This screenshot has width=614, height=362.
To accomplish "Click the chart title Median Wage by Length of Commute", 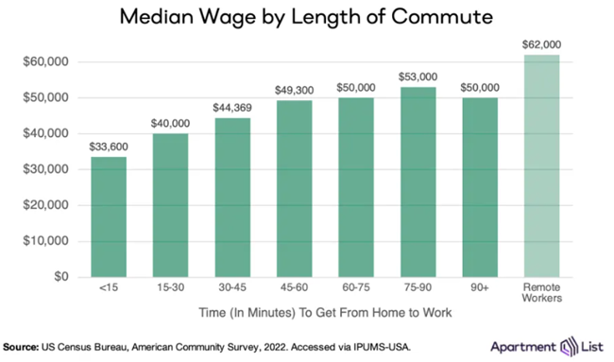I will (x=306, y=18).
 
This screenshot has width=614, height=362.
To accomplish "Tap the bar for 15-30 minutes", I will (x=170, y=205).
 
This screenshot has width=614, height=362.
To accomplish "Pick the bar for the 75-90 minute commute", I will (x=418, y=181).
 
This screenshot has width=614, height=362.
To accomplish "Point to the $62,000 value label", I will (x=542, y=44).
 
